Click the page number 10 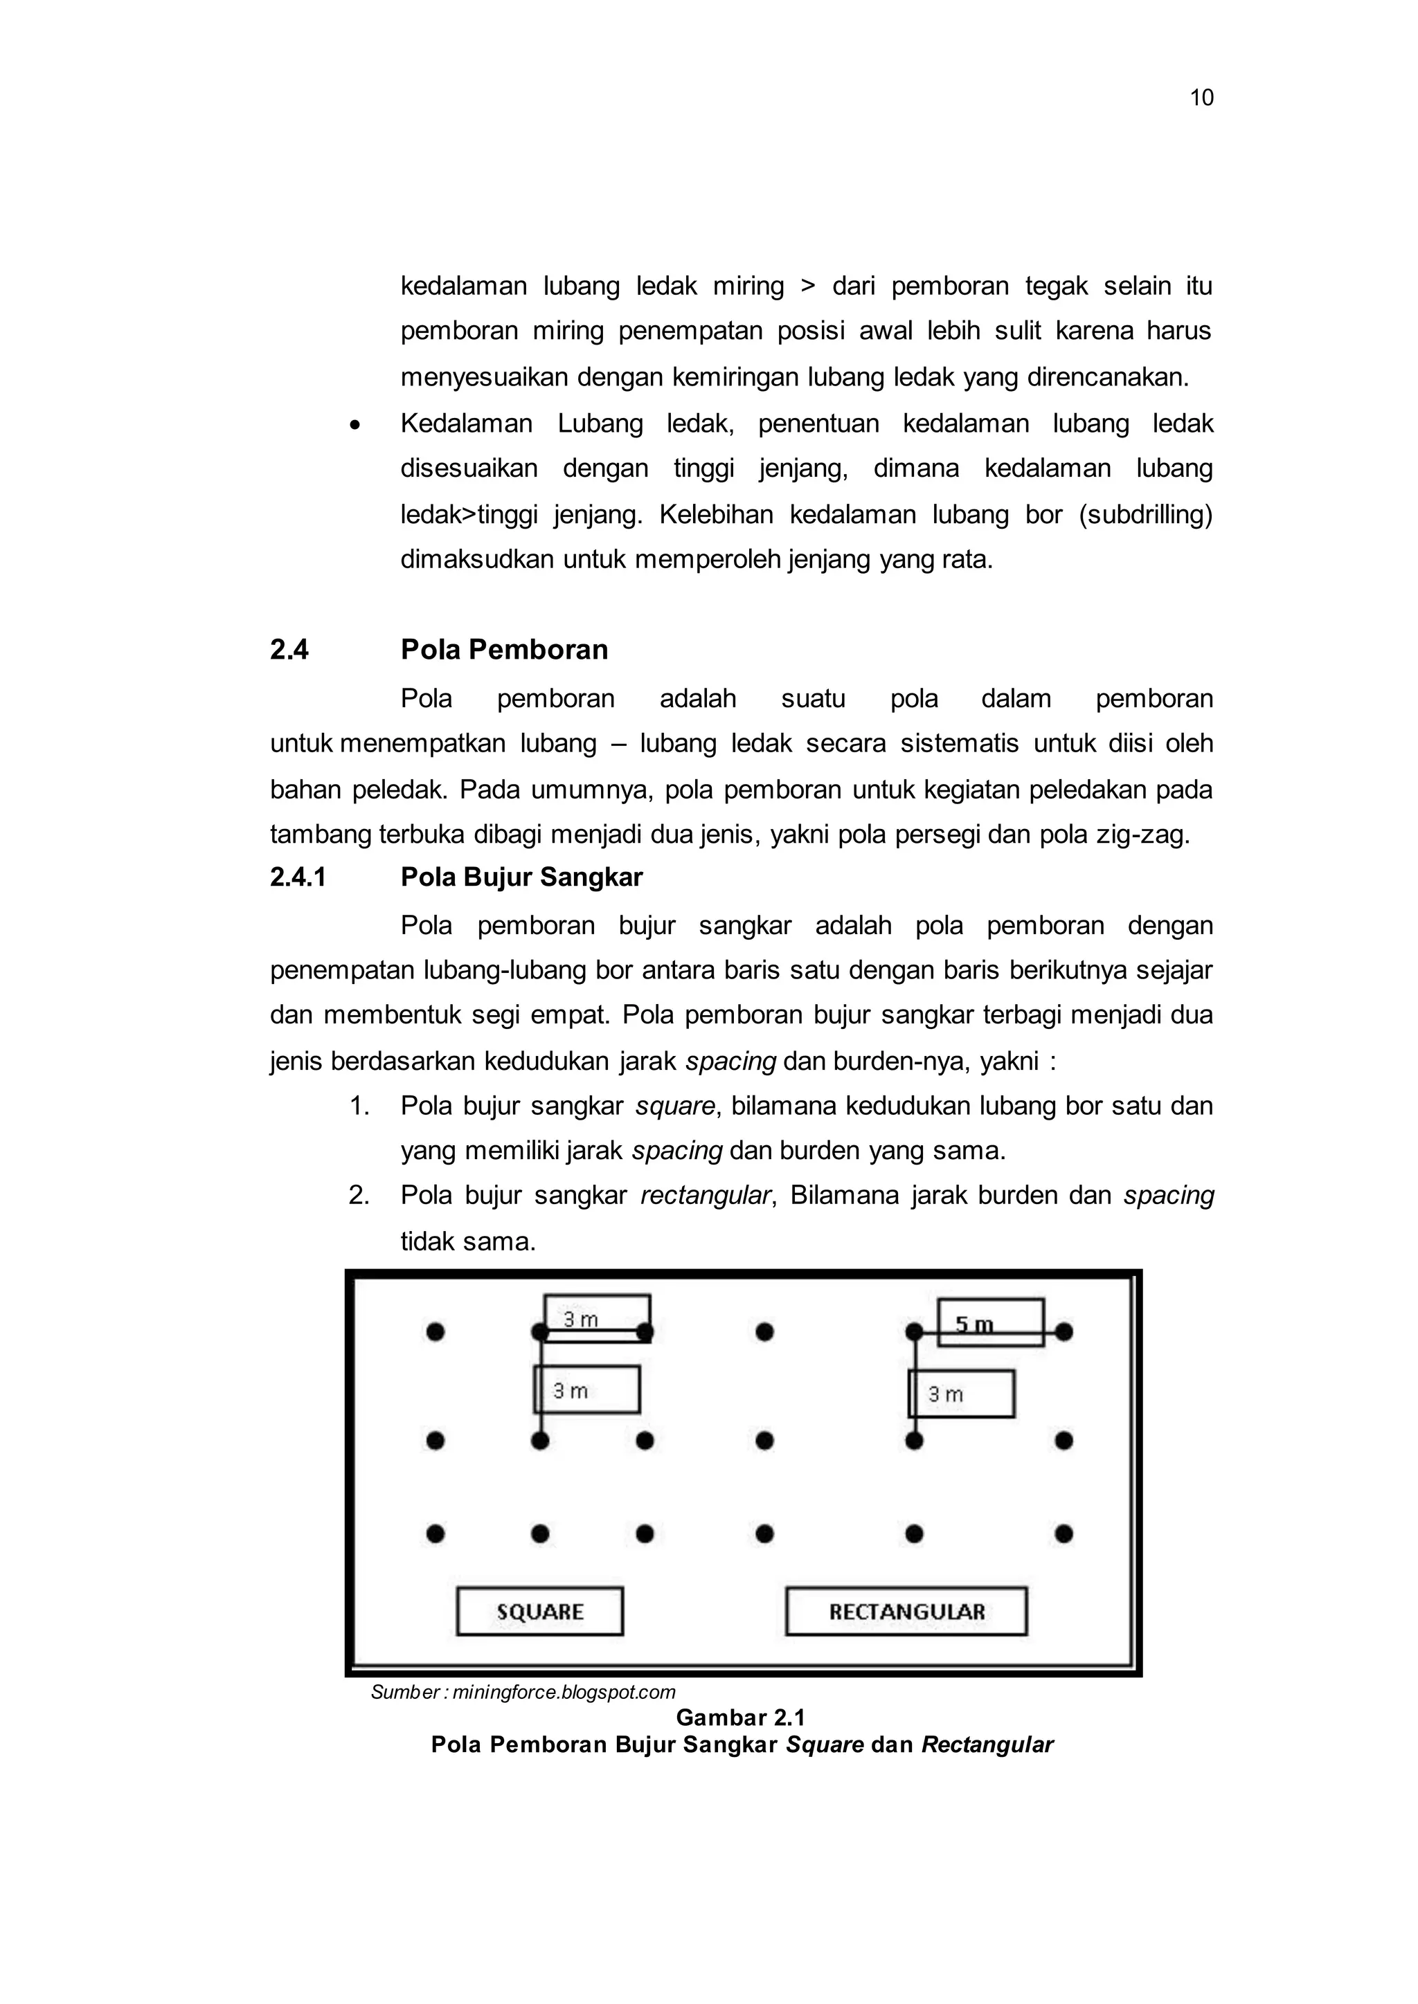[1201, 98]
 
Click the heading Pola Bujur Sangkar [521, 877]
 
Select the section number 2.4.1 [298, 877]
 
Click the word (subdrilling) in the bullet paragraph [1146, 515]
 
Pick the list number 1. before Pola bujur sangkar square [359, 1106]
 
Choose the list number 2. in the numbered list [359, 1195]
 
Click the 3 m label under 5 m [960, 1394]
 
